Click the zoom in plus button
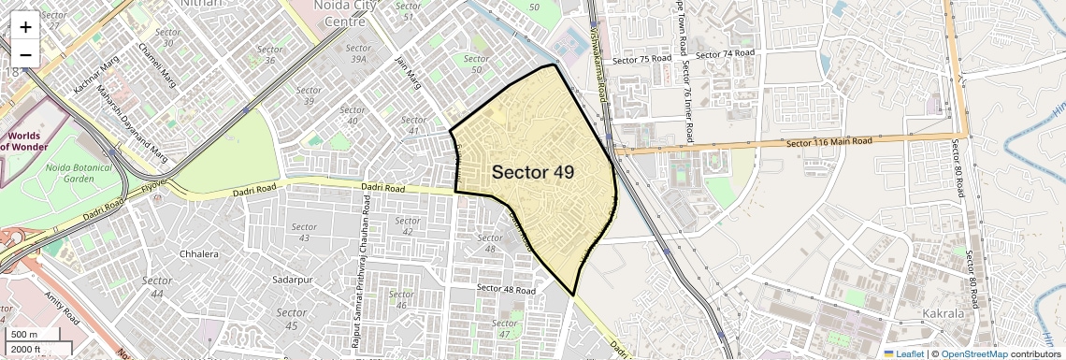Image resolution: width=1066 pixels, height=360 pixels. point(25,26)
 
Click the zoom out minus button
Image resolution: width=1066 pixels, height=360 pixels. point(25,54)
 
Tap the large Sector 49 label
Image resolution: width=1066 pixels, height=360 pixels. point(532,172)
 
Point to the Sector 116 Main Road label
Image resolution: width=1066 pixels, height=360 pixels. point(828,142)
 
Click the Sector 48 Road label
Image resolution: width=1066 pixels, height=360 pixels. point(506,289)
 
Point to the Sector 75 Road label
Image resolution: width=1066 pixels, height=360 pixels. point(641,59)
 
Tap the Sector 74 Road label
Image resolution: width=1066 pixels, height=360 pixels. point(726,54)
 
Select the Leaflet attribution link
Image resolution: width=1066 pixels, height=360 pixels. point(903,353)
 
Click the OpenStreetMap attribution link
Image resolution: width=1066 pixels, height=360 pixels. point(973,353)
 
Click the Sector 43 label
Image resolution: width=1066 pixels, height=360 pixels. point(304,233)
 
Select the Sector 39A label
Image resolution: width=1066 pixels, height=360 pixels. point(357,53)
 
